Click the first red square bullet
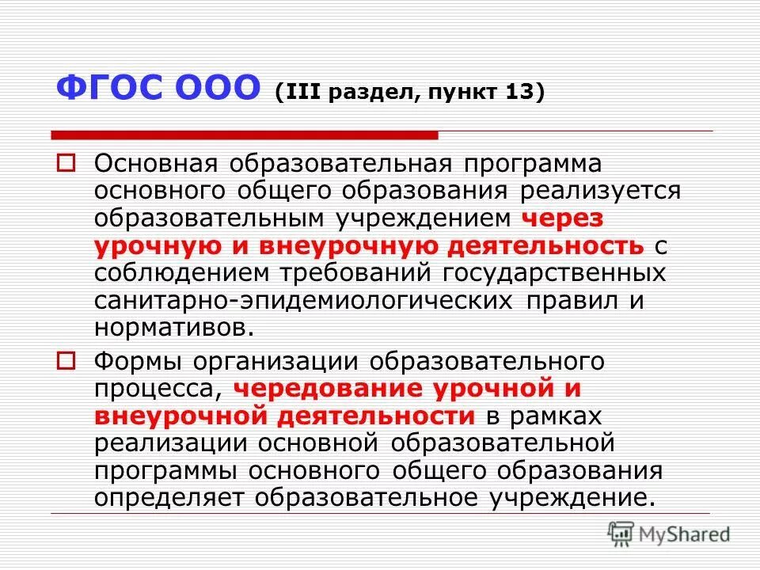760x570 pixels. [67, 164]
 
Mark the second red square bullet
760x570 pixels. [67, 362]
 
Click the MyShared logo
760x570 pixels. [669, 532]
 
